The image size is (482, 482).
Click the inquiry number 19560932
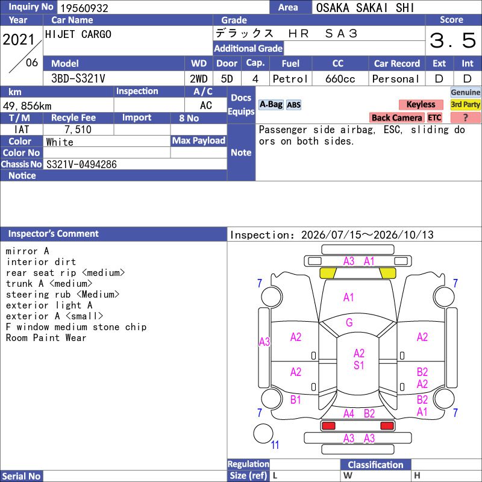tap(84, 8)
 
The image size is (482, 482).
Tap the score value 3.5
tap(453, 40)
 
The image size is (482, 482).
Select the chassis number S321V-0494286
tap(81, 164)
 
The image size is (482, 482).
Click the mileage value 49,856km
tap(27, 106)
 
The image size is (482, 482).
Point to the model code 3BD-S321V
tap(78, 79)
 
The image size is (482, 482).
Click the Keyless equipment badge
tap(421, 104)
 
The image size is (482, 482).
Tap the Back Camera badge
tap(396, 117)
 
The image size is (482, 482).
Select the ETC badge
tap(434, 117)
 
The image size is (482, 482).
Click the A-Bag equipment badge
tap(271, 104)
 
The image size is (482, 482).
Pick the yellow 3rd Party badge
tap(465, 104)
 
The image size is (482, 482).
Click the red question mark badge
tap(465, 117)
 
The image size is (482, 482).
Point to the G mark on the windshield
tap(349, 322)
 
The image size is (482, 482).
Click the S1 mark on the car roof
tap(358, 365)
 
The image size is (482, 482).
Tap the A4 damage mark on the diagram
tap(349, 414)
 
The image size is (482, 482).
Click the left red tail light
tap(328, 426)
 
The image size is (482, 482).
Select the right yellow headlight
tap(387, 273)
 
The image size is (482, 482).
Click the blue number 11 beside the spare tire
tap(275, 445)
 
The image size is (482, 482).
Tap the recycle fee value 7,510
tap(78, 130)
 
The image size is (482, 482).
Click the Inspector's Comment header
tap(54, 234)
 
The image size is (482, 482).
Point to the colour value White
tap(60, 142)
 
